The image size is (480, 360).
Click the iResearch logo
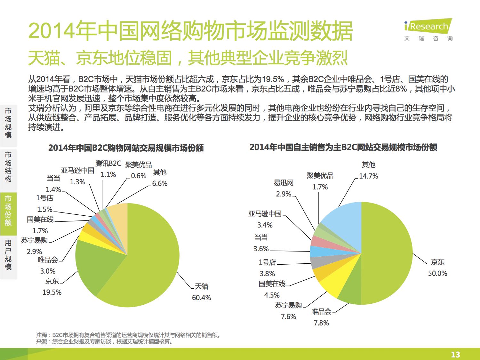[428, 30]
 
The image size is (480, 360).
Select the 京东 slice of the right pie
[387, 253]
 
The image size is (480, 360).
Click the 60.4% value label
[201, 298]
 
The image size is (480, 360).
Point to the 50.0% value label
[437, 273]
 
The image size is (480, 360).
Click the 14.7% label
[368, 176]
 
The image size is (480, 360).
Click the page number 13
[455, 355]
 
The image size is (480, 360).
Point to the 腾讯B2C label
[108, 164]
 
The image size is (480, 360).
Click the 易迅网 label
[284, 183]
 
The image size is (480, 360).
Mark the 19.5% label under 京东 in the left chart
[52, 292]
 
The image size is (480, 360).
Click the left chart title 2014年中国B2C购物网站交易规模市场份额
[126, 148]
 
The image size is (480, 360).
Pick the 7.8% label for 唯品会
[321, 323]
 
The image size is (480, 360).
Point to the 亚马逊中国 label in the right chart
[265, 213]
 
